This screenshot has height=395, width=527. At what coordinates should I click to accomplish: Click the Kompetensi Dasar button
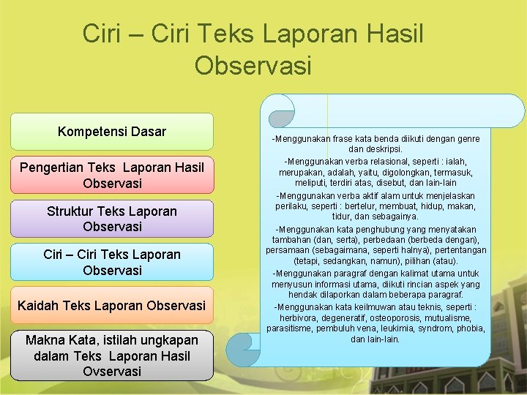(x=112, y=132)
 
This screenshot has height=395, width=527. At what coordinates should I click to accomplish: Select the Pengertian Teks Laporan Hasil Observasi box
(x=112, y=175)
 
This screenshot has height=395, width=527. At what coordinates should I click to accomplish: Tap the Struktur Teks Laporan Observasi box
(x=112, y=219)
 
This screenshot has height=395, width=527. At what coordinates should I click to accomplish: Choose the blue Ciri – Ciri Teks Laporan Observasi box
(x=112, y=262)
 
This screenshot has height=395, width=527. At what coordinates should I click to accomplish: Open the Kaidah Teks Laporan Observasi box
(x=112, y=305)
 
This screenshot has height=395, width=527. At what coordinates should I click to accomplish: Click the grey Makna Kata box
(x=112, y=355)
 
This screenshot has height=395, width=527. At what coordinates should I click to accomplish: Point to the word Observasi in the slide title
(x=253, y=65)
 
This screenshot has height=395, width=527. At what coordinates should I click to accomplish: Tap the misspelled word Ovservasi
(x=112, y=371)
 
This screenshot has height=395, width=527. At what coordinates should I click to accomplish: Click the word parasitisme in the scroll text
(x=291, y=328)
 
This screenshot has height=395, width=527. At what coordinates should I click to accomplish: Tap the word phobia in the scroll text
(x=470, y=328)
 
